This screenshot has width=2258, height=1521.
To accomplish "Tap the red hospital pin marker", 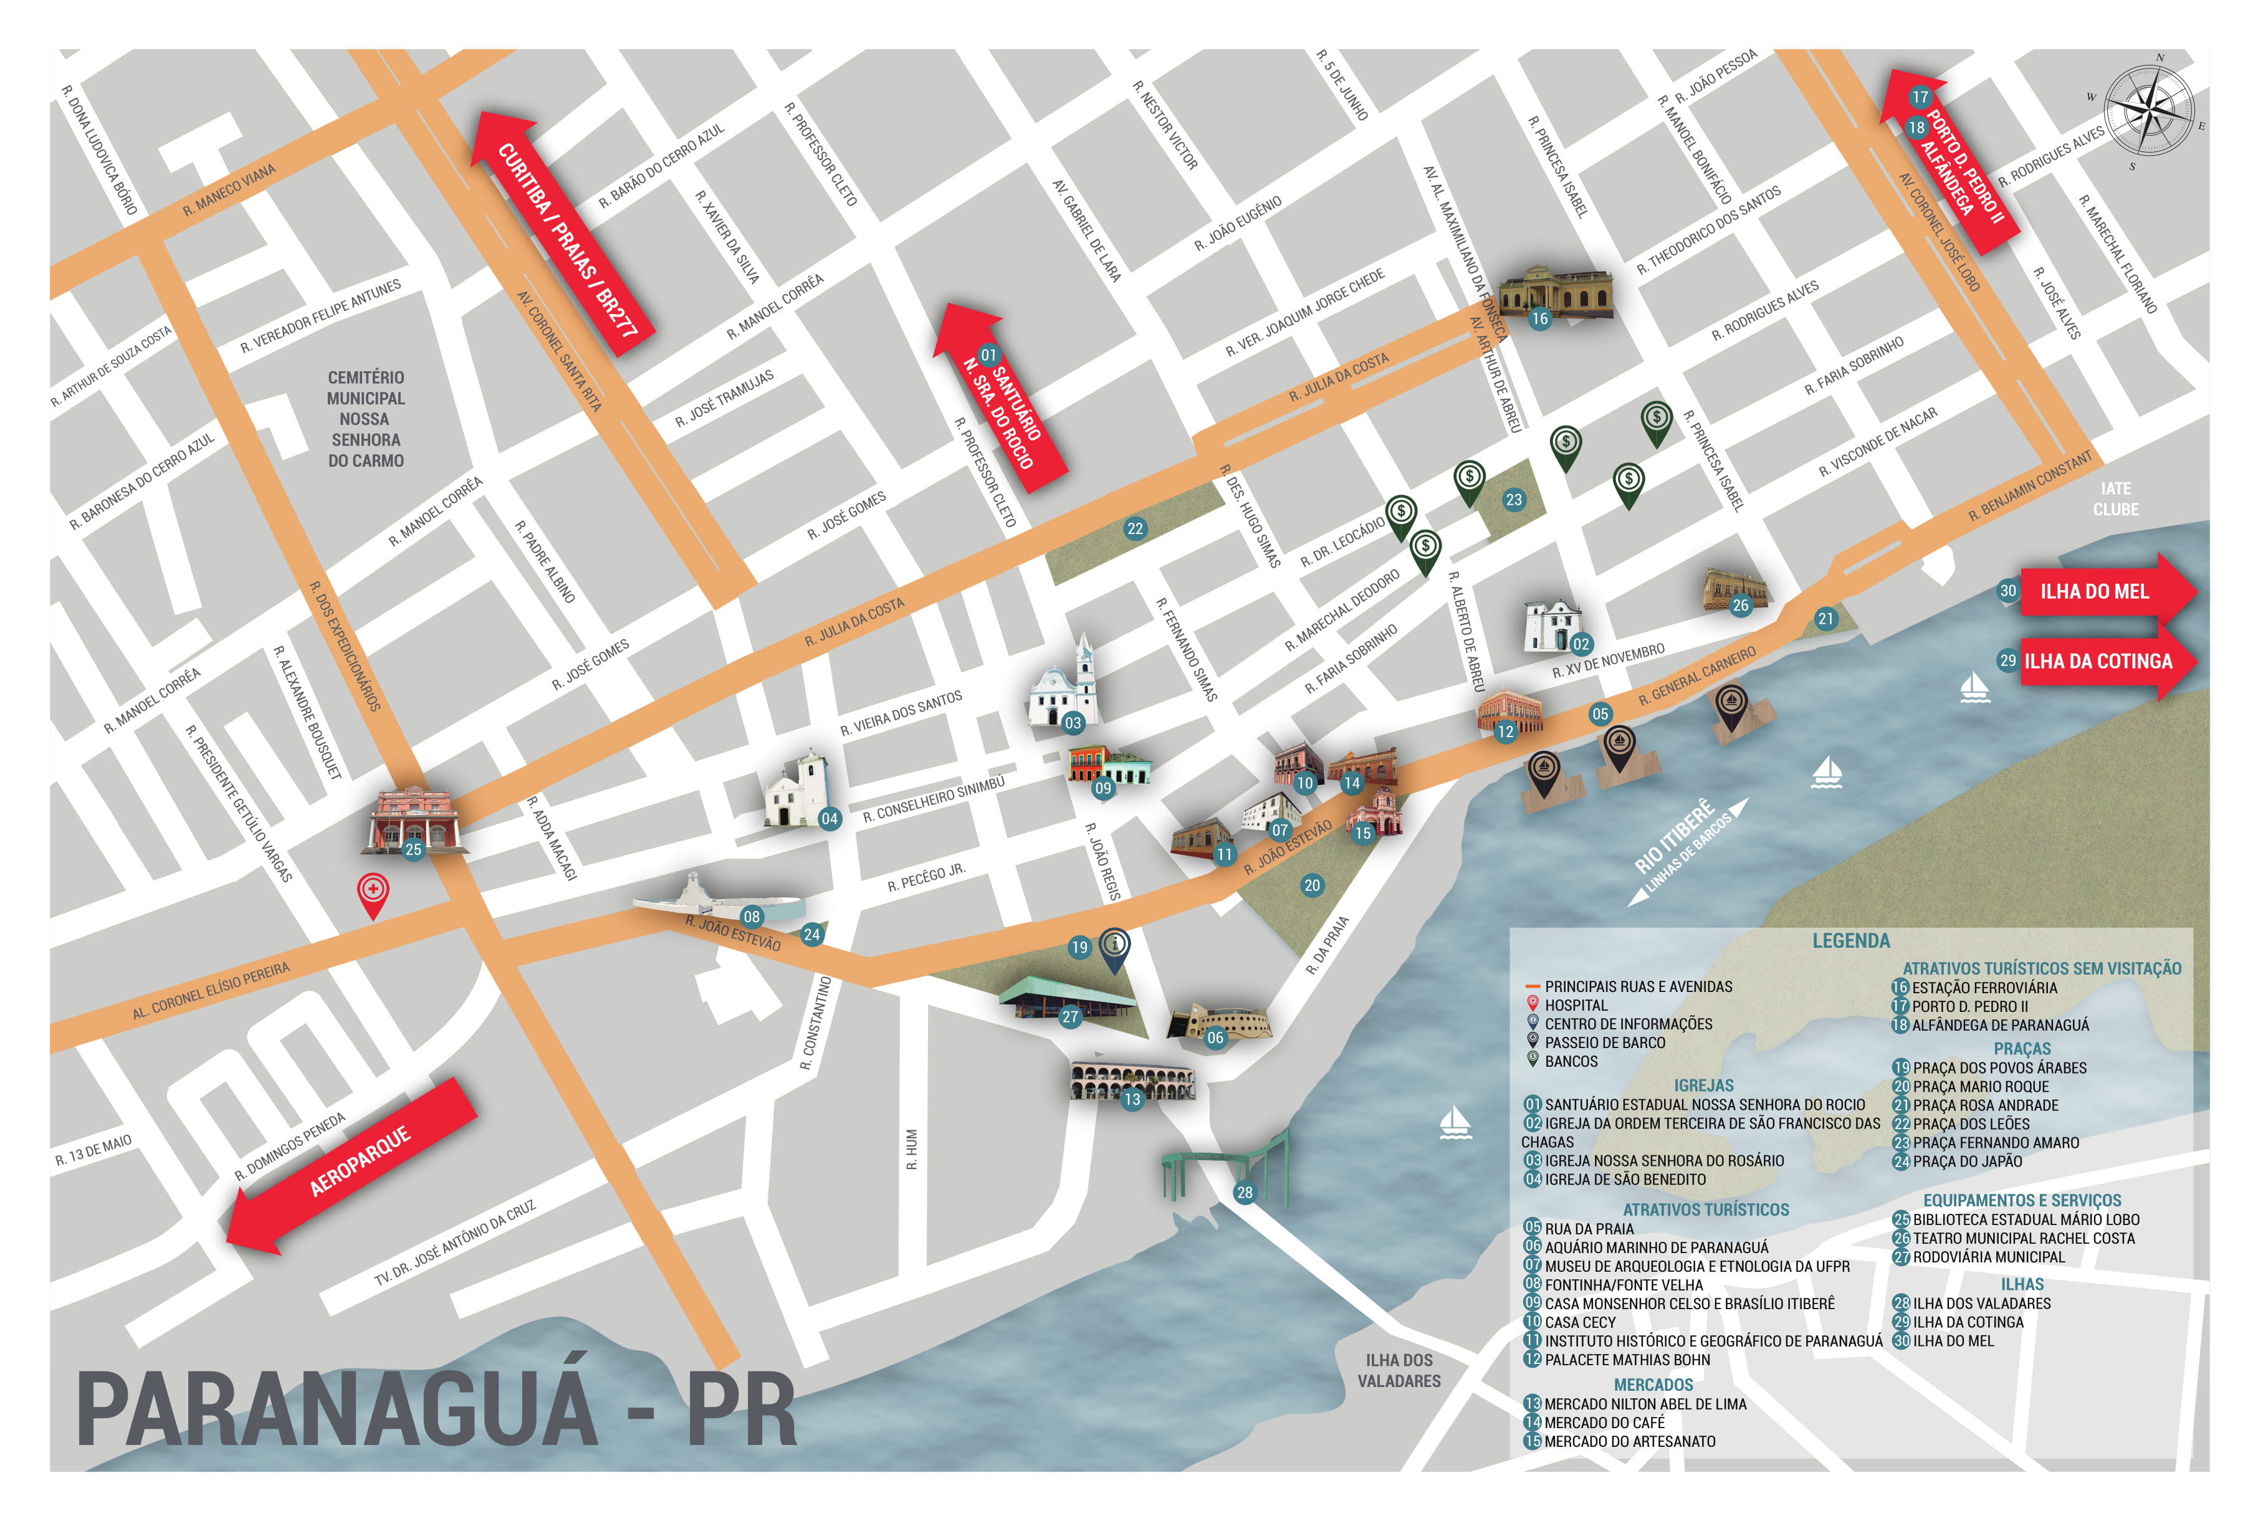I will click(x=373, y=892).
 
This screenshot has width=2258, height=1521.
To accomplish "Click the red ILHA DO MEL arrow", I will click(x=2105, y=591).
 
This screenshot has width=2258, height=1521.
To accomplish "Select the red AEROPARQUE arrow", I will click(x=354, y=1163).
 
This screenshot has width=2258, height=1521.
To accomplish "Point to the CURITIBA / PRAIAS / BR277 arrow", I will click(x=563, y=233).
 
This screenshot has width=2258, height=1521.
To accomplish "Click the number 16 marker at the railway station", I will click(x=1539, y=318).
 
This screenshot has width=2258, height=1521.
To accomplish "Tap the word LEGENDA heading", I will click(x=1850, y=940).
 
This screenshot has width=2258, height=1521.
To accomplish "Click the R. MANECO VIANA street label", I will click(x=230, y=190).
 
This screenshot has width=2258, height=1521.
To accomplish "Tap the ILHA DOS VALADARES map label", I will click(x=1399, y=1370).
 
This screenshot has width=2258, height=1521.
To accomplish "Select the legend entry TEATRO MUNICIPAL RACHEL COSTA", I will click(x=2022, y=1237).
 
